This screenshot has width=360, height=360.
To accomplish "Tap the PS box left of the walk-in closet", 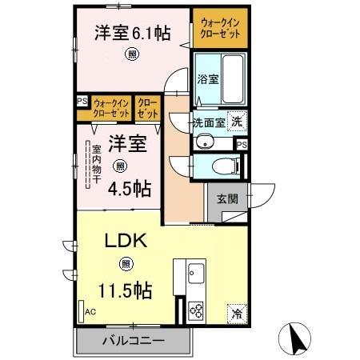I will [x=81, y=102].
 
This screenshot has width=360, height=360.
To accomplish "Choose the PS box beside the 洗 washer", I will [x=240, y=143].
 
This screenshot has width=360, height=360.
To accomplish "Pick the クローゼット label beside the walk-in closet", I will [x=146, y=108].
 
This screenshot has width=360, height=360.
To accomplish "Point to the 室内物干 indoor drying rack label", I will [x=94, y=164].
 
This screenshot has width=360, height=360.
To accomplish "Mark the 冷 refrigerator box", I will [x=237, y=313].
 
